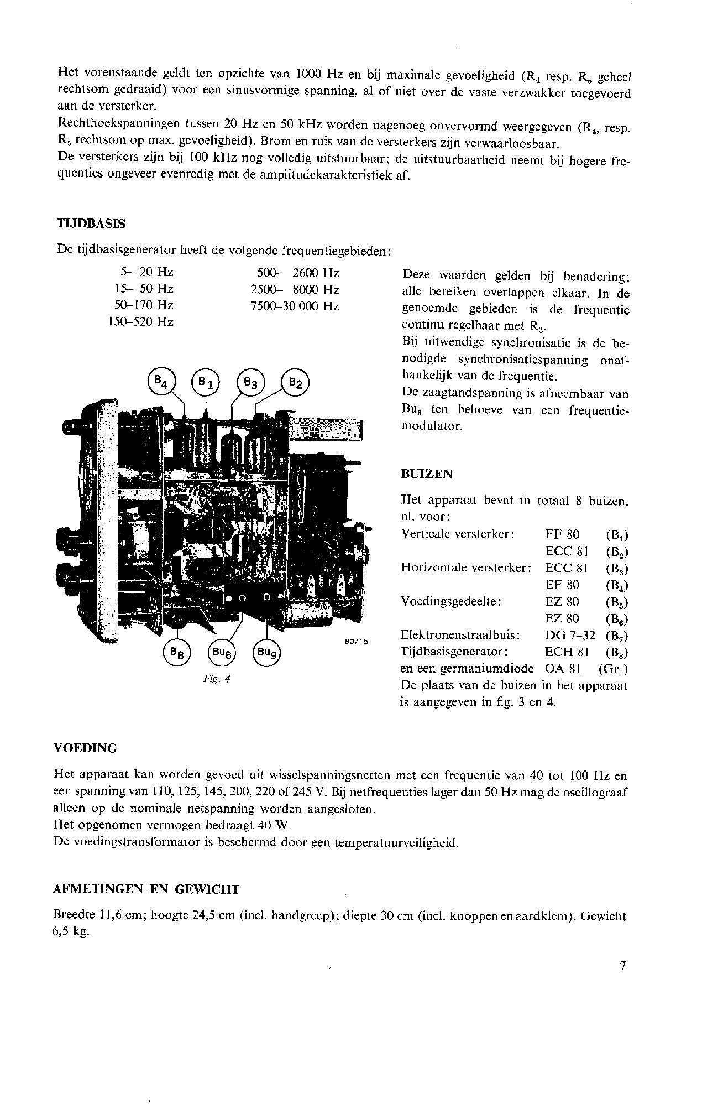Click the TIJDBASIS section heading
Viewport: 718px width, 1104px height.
(x=91, y=224)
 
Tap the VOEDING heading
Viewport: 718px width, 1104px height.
(x=85, y=748)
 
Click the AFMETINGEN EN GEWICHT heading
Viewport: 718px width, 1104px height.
(x=146, y=889)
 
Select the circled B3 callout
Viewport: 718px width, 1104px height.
(x=250, y=382)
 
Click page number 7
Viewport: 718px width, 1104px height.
(x=623, y=966)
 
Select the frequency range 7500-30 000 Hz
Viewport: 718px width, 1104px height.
(x=295, y=306)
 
